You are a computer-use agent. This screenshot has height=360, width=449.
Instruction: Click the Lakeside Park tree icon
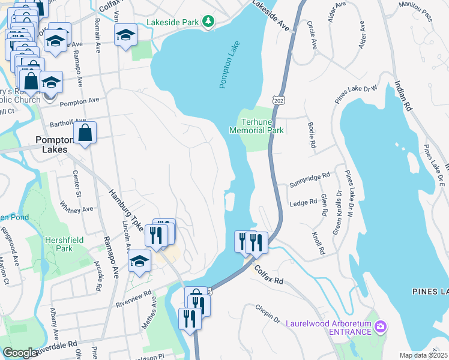pyautogui.click(x=208, y=22)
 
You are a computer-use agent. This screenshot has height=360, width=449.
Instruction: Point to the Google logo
pyautogui.click(x=20, y=353)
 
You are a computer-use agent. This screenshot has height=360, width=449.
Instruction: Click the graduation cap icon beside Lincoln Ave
pyautogui.click(x=139, y=261)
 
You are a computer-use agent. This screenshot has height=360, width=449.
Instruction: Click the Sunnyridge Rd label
pyautogui.click(x=310, y=177)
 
